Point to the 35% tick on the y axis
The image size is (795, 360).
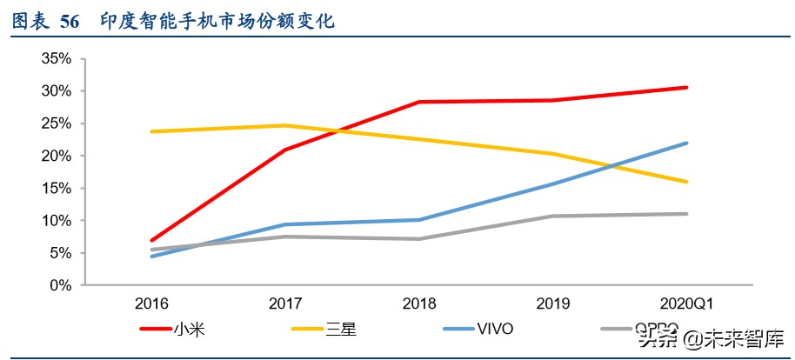pos(55,59)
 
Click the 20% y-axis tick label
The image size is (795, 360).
pos(55,157)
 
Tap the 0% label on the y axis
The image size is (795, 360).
pos(59,285)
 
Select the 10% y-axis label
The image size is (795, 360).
pos(55,221)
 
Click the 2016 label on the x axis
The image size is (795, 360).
pos(152,304)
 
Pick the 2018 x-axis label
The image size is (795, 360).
pos(419,304)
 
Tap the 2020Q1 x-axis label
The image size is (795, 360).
pos(686,304)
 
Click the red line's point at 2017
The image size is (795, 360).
pos(286,150)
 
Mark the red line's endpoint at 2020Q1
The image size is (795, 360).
pos(686,87)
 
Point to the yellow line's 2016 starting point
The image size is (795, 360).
pos(153,131)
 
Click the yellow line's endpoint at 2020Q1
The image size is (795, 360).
pos(686,182)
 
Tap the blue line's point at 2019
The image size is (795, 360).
pos(553,183)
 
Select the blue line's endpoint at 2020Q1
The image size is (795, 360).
pos(686,143)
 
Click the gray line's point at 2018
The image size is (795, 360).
pos(419,238)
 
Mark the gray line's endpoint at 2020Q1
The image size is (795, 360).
pos(686,214)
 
